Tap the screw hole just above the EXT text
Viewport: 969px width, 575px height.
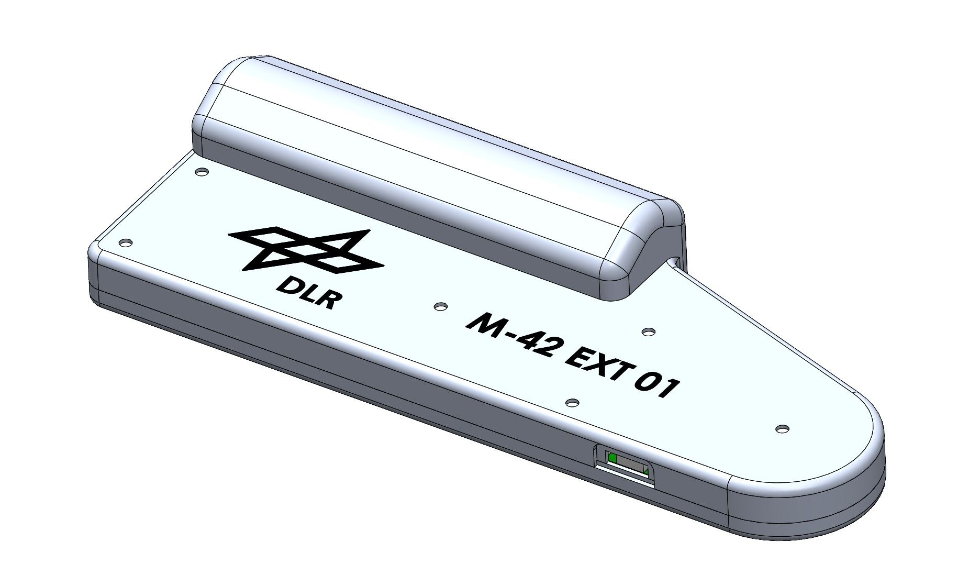click(649, 331)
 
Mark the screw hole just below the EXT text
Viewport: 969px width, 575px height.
click(573, 403)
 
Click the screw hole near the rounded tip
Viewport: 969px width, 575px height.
click(782, 428)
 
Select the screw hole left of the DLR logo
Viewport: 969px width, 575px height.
click(125, 242)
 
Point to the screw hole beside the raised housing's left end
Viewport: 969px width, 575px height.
click(201, 171)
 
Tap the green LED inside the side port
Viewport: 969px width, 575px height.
click(613, 459)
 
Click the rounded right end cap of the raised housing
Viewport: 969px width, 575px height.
click(641, 246)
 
